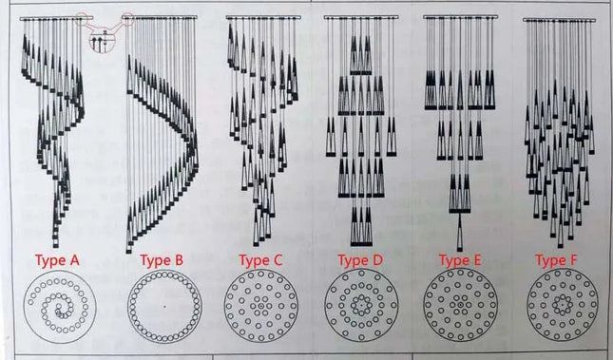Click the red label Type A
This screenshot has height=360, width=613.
pyautogui.click(x=57, y=260)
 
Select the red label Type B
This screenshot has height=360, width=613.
pyautogui.click(x=162, y=260)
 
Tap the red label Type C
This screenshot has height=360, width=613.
pyautogui.click(x=260, y=260)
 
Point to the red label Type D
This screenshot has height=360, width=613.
pyautogui.click(x=360, y=260)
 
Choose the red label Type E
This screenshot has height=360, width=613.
pyautogui.click(x=460, y=260)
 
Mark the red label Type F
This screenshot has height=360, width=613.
pyautogui.click(x=556, y=260)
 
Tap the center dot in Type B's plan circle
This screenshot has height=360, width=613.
pyautogui.click(x=164, y=307)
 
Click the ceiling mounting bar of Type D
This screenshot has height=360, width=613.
pyautogui.click(x=361, y=17)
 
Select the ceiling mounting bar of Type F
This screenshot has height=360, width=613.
pyautogui.click(x=560, y=20)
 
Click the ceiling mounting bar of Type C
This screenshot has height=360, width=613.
pyautogui.click(x=263, y=17)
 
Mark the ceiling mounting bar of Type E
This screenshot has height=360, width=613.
pyautogui.click(x=461, y=17)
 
